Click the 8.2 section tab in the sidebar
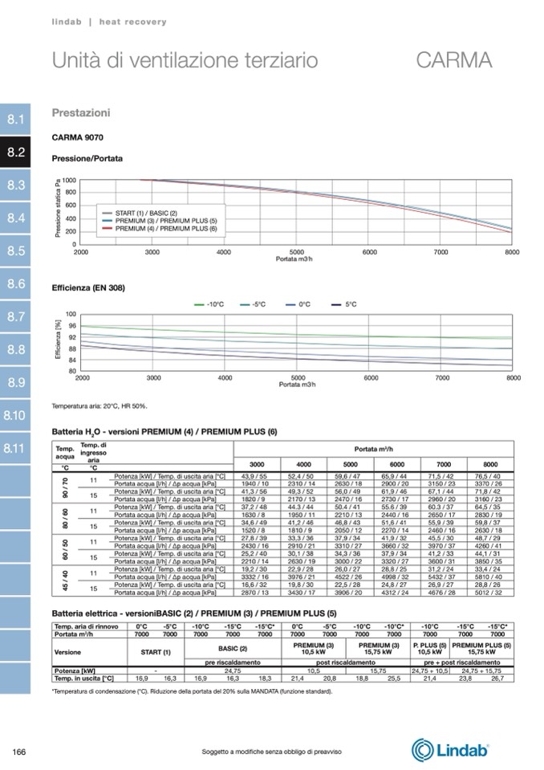point(16,152)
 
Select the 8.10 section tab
point(16,415)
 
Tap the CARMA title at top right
point(453,60)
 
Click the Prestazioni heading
point(81,113)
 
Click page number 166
point(20,752)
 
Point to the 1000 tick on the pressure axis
point(69,181)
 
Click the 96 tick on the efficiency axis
point(71,326)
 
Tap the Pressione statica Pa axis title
point(58,208)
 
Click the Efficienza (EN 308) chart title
point(88,287)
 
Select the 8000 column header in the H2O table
point(489,464)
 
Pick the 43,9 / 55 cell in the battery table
point(254,477)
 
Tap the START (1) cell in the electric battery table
point(156,652)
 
